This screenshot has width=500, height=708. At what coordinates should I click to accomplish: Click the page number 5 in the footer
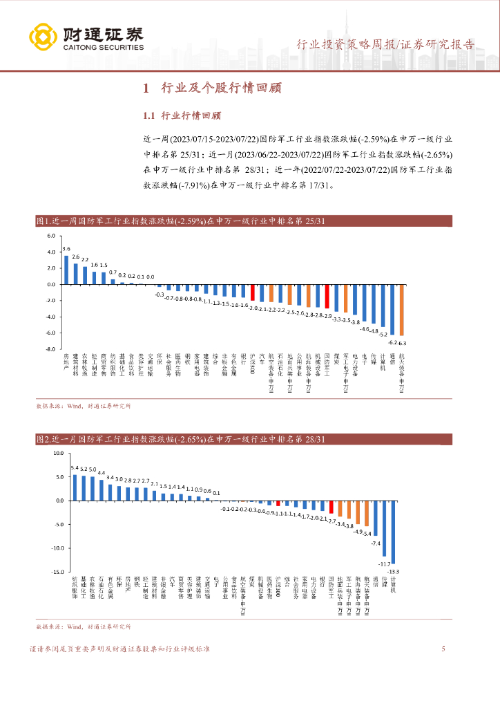coord(443,649)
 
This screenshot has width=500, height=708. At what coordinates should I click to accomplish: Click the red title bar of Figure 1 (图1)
coord(244,221)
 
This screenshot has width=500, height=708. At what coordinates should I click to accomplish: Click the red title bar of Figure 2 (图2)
coord(244,439)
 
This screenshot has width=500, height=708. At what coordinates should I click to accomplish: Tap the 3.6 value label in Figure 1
coord(66,249)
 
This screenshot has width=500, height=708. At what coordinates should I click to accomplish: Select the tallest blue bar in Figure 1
coord(66,270)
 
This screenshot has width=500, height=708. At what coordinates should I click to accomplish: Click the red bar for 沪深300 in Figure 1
coord(253,292)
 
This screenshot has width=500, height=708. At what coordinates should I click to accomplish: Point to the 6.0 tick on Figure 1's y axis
coord(50,236)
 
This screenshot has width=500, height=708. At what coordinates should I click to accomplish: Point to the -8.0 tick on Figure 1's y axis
coord(50,349)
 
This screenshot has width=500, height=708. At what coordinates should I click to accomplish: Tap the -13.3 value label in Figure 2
coord(394,571)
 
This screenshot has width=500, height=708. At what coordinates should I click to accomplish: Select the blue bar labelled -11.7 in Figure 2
coord(385,528)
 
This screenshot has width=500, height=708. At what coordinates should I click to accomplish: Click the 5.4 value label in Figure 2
coord(75,468)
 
